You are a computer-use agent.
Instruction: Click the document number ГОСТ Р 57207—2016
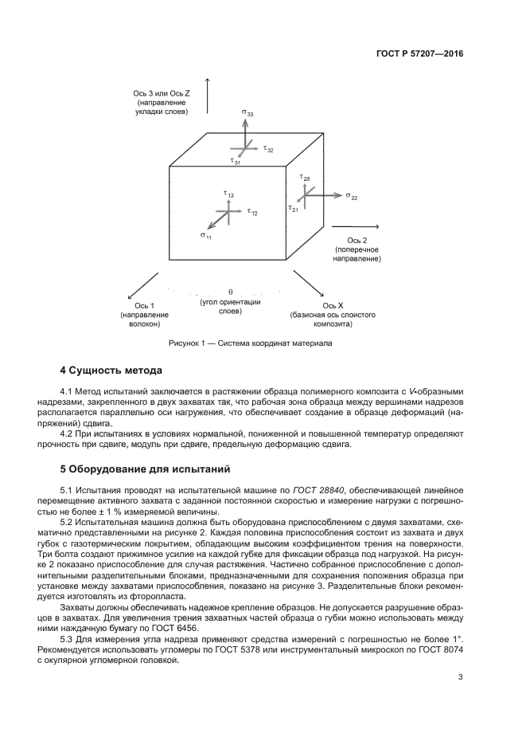pos(419,53)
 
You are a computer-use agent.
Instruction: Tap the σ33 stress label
pos(247,113)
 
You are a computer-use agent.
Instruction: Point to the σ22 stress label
pos(352,196)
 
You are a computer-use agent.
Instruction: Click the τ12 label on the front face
pos(252,212)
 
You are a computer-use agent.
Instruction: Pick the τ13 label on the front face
pos(228,194)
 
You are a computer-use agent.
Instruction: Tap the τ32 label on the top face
pos(268,149)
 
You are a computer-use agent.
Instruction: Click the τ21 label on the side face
pos(294,208)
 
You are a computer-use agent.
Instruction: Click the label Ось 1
pos(145,305)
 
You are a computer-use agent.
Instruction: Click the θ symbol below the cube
pos(230,292)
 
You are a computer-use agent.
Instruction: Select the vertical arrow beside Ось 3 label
pos(207,96)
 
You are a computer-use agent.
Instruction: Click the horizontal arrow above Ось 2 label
pos(355,226)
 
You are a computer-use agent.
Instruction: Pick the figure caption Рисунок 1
pos(251,343)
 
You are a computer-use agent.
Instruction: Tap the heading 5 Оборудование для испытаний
pos(145,469)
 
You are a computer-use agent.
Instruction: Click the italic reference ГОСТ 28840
pos(318,490)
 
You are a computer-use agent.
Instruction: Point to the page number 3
pos(460,677)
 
